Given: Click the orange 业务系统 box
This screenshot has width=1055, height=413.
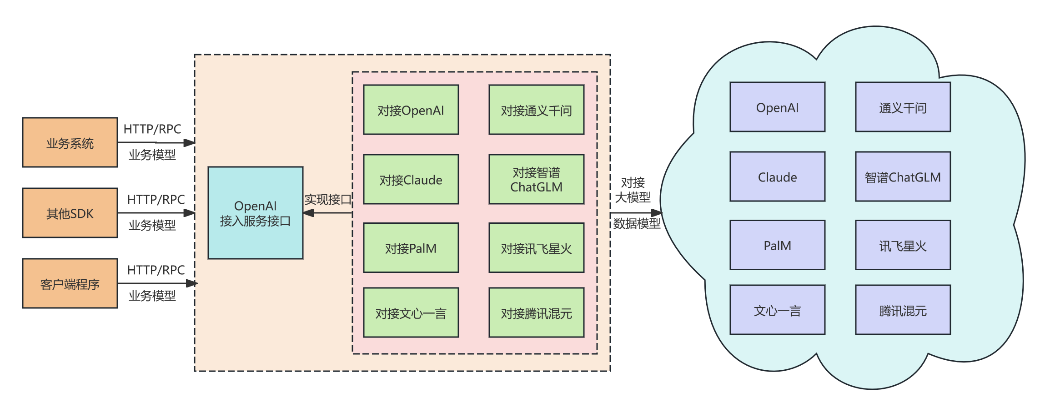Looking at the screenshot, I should click(70, 143).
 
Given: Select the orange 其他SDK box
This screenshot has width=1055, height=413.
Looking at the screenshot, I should click(70, 213).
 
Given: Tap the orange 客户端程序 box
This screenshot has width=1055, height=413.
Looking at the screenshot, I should click(70, 284).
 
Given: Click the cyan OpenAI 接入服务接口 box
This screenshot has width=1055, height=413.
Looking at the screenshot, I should click(256, 213).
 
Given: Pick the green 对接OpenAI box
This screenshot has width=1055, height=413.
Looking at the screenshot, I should click(411, 110).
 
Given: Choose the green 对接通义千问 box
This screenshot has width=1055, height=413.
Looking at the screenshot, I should click(536, 110).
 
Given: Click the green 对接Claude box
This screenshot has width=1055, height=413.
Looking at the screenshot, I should click(411, 180).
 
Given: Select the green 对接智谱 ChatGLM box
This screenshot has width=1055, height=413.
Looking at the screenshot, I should click(536, 180).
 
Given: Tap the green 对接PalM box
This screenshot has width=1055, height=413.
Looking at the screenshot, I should click(411, 248).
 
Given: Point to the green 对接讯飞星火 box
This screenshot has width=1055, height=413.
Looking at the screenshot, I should click(536, 248).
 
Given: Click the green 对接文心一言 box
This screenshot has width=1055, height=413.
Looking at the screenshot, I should click(411, 313).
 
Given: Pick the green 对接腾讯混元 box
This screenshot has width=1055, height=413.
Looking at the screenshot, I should click(536, 313).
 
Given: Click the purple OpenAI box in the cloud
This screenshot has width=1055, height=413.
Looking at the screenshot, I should click(777, 107).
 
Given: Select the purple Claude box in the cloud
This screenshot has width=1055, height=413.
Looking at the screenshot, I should click(777, 177).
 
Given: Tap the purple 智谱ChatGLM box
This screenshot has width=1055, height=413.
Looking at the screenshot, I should click(903, 177).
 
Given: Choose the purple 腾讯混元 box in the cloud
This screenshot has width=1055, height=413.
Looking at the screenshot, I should click(903, 310).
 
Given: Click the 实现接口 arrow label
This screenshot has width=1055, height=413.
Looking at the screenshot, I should click(328, 199).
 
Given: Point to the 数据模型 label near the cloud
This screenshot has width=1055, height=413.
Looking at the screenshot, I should click(637, 223).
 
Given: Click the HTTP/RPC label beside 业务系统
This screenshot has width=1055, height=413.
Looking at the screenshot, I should click(152, 129).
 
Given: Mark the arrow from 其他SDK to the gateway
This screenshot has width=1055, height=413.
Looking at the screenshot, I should click(156, 213).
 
